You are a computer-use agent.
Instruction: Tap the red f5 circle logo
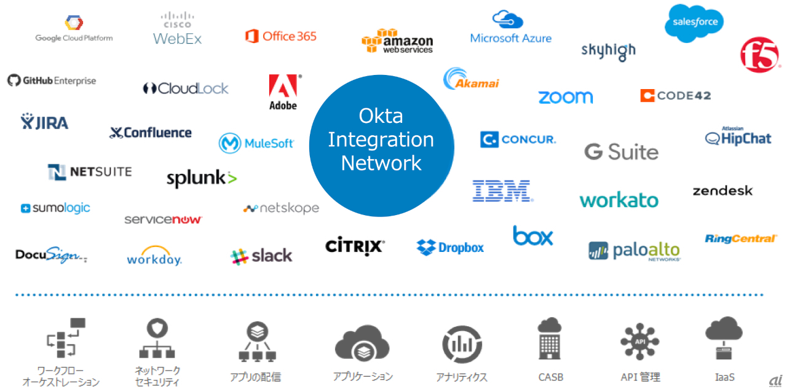click(x=760, y=55)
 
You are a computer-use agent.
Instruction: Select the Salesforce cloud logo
click(x=694, y=23)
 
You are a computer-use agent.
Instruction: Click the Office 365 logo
click(x=280, y=36)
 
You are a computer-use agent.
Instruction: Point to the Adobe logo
click(x=283, y=92)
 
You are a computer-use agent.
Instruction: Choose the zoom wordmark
click(x=565, y=97)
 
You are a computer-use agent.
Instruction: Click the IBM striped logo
click(x=502, y=191)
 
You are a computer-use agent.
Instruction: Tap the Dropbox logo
click(x=450, y=248)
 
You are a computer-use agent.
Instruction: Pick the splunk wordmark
click(x=201, y=179)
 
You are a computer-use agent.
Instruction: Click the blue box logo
click(x=532, y=236)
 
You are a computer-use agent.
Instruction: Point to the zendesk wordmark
click(x=722, y=191)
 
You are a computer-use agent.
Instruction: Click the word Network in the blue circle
click(x=381, y=163)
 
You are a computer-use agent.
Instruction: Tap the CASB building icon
click(x=549, y=339)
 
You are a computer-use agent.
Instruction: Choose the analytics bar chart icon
click(x=462, y=345)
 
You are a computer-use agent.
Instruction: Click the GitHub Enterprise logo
click(x=52, y=80)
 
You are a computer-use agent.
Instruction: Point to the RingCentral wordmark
click(x=741, y=238)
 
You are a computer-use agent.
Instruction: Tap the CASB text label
click(x=550, y=377)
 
